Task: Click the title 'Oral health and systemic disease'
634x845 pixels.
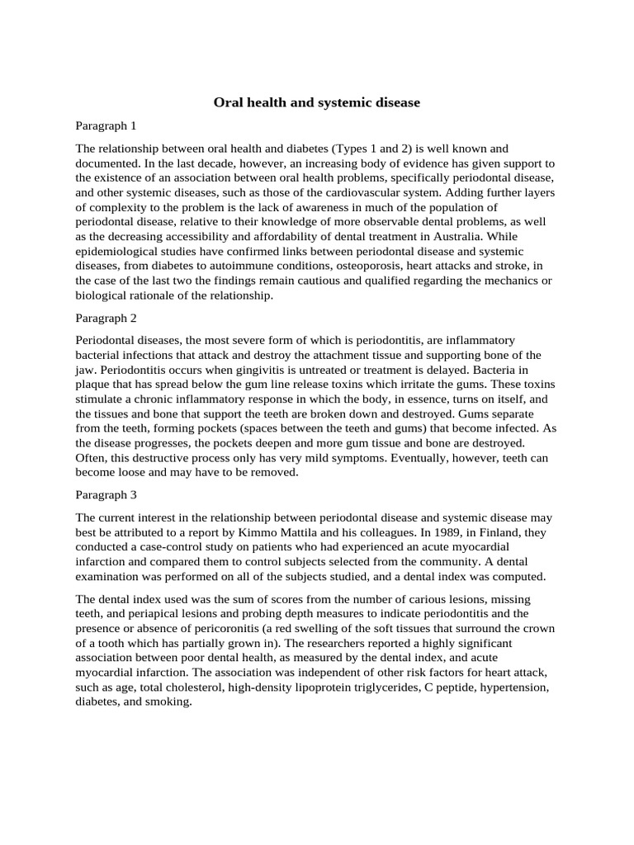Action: pyautogui.click(x=317, y=103)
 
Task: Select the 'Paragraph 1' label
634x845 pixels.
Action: pyautogui.click(x=106, y=126)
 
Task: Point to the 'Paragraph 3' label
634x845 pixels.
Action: pyautogui.click(x=106, y=495)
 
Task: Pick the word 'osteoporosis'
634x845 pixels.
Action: pyautogui.click(x=377, y=266)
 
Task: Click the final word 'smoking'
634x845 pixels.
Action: pyautogui.click(x=169, y=703)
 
